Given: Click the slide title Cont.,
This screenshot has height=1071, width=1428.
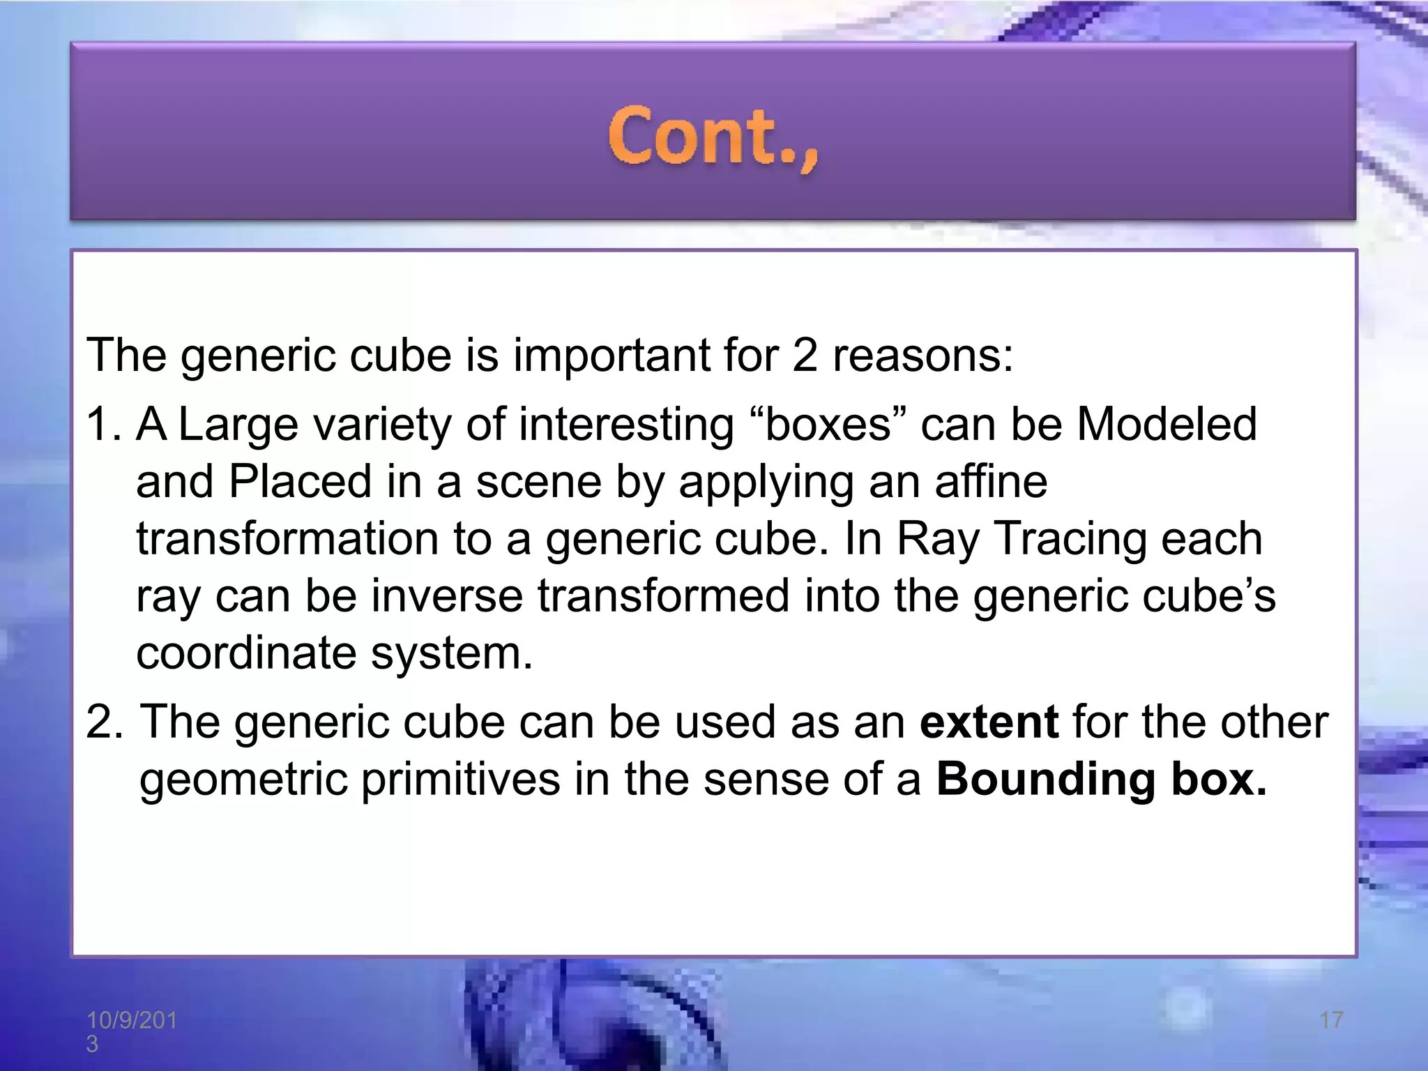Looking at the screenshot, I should coord(713,137).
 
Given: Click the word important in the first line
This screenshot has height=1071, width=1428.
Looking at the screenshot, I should coord(611,355).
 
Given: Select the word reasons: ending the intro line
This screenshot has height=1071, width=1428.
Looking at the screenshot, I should coord(923,355).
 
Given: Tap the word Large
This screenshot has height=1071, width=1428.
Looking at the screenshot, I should coord(238,425).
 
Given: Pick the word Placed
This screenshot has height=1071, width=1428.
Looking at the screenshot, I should coord(300,481).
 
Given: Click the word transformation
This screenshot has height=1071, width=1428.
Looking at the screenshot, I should coord(287,538).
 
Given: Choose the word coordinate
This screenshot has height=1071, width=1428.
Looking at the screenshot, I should coord(246,653).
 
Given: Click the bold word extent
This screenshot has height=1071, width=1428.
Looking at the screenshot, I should coord(989,722).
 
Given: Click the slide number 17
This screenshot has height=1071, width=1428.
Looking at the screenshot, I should coord(1331,1020).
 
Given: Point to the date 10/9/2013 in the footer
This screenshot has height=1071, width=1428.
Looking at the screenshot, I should coord(131,1031).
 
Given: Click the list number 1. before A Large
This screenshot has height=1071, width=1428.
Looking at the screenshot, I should coord(103,425).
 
